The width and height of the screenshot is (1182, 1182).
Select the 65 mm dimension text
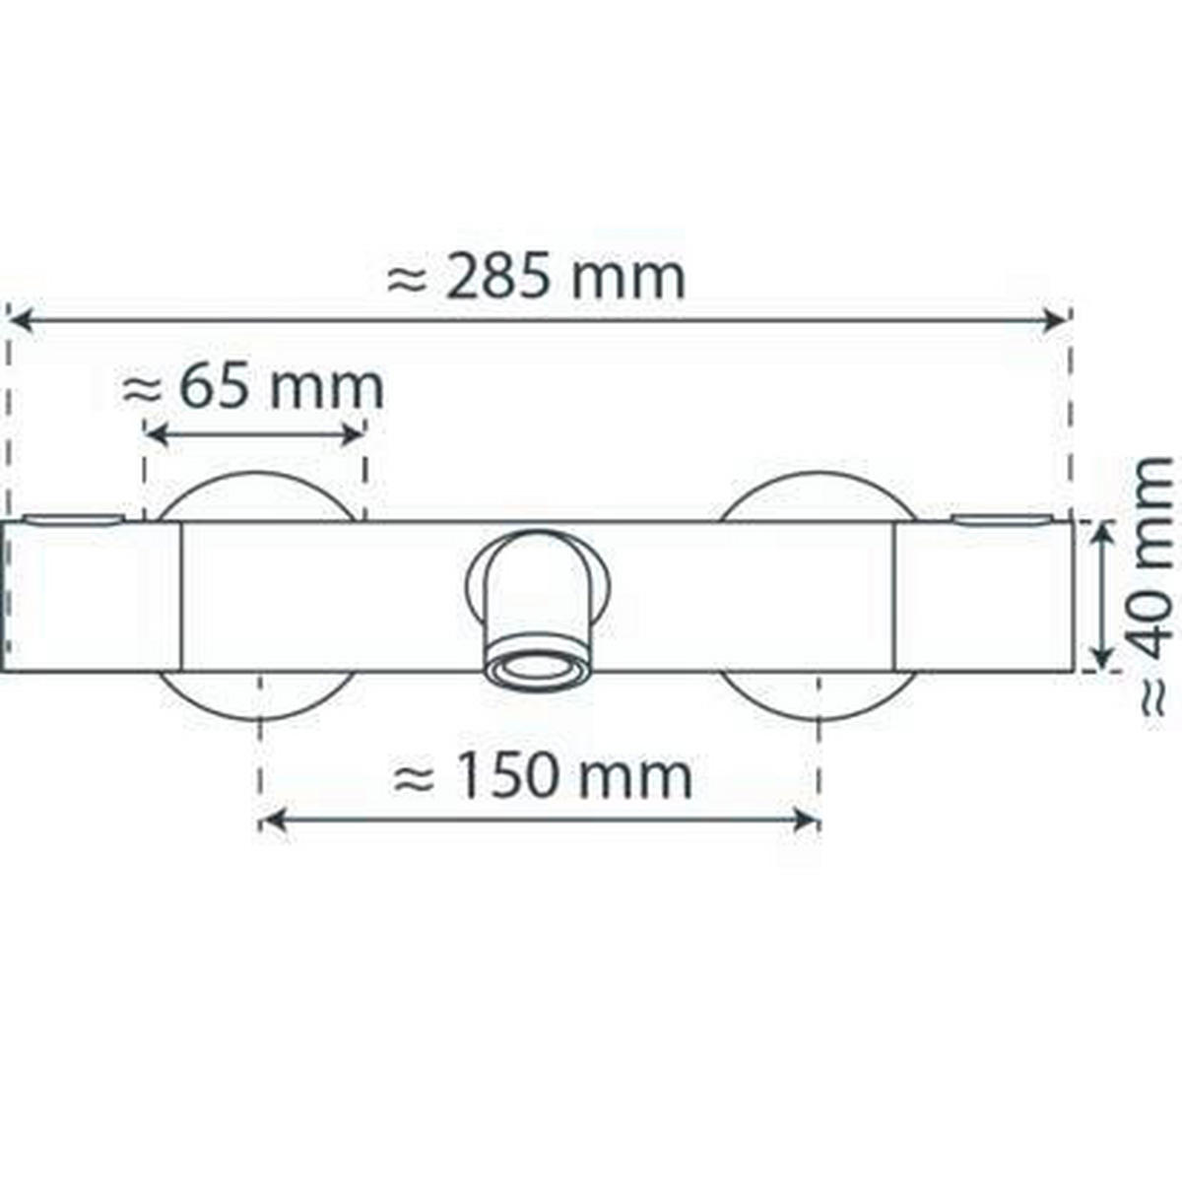[253, 387]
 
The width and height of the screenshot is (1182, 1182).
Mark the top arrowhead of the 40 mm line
[1104, 535]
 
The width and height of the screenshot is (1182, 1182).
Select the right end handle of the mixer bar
[983, 597]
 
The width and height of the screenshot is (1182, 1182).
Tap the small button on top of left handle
[75, 518]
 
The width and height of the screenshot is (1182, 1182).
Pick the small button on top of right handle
[1001, 518]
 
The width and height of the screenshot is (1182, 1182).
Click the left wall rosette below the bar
[257, 694]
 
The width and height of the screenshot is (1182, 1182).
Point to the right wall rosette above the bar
[818, 497]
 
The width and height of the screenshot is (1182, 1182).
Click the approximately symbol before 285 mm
[407, 281]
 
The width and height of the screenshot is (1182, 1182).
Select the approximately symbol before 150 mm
[414, 779]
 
